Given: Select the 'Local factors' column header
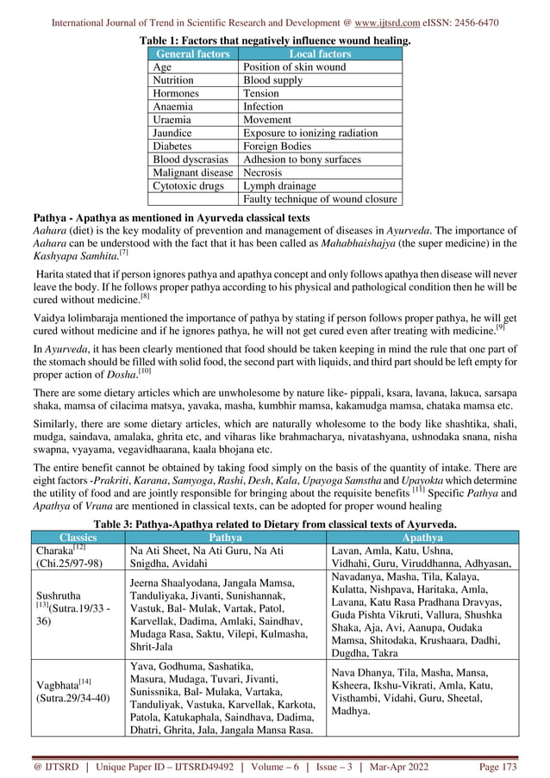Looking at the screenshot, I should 320,54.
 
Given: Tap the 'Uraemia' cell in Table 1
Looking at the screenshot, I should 172,120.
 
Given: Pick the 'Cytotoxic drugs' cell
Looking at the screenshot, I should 189,186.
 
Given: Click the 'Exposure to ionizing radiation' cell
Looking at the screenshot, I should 310,134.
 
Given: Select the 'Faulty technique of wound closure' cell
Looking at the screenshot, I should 321,200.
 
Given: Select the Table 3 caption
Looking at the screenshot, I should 275,523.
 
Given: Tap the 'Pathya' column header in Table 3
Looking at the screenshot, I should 225,537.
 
